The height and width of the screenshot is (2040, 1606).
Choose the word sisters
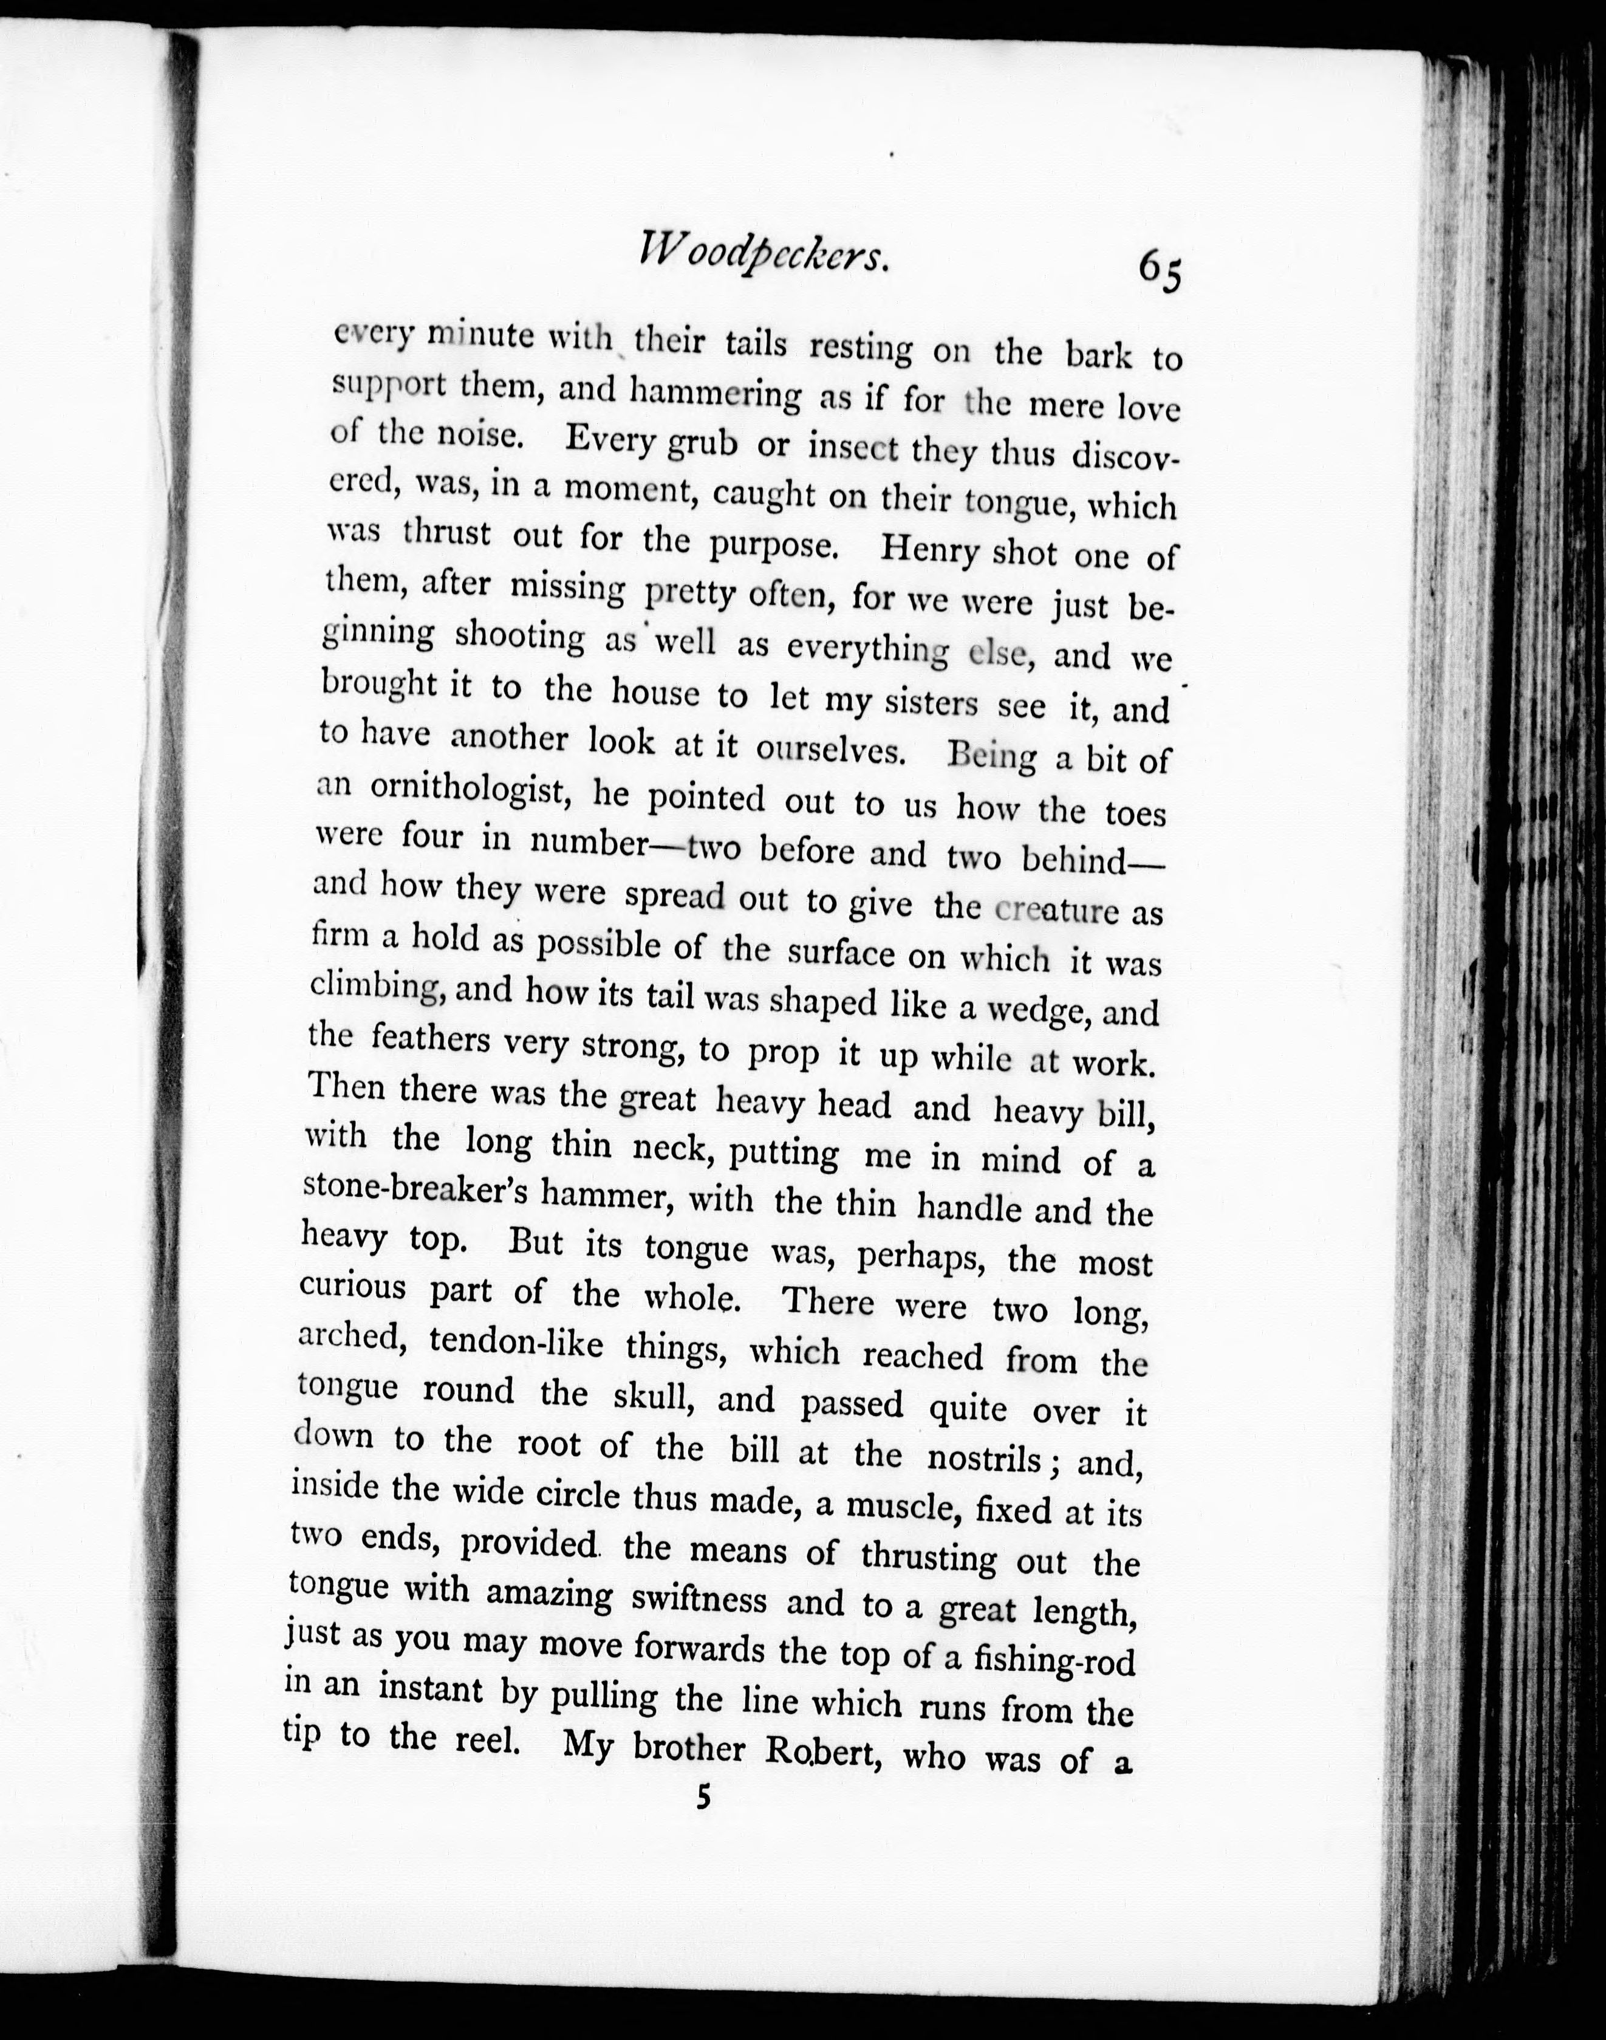(x=925, y=702)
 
